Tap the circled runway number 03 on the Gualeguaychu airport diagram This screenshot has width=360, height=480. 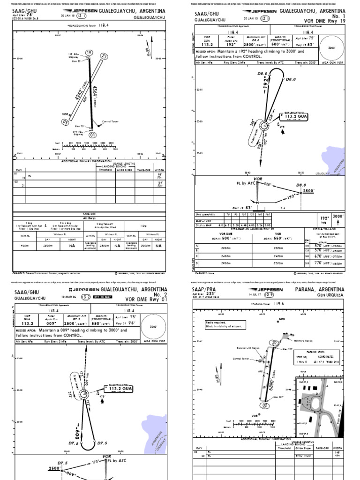coord(66,122)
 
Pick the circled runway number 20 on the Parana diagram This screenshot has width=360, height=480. coord(274,343)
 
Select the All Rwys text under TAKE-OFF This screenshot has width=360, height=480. coord(89,218)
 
